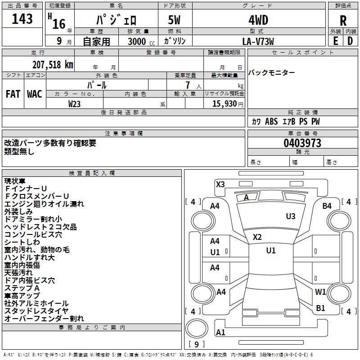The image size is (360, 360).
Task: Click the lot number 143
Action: pyautogui.click(x=22, y=19)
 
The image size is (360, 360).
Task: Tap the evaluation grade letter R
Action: pyautogui.click(x=343, y=21)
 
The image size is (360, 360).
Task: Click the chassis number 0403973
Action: pyautogui.click(x=302, y=143)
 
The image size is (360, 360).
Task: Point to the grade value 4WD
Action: pyautogui.click(x=258, y=20)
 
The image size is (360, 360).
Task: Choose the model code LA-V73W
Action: pyautogui.click(x=258, y=41)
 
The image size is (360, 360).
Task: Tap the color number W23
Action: pyautogui.click(x=75, y=103)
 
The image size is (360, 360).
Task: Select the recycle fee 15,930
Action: pyautogui.click(x=224, y=103)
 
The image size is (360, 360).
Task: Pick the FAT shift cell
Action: pyautogui.click(x=13, y=94)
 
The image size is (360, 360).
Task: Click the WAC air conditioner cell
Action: pyautogui.click(x=35, y=94)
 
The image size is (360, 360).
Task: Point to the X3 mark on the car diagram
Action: pyautogui.click(x=220, y=184)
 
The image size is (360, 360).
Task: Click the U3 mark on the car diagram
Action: pyautogui.click(x=291, y=216)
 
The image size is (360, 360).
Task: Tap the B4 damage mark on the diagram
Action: pyautogui.click(x=327, y=206)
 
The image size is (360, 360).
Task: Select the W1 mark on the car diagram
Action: pyautogui.click(x=320, y=292)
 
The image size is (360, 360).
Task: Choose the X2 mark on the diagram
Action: pyautogui.click(x=257, y=237)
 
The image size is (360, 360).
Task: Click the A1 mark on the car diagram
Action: pyautogui.click(x=220, y=332)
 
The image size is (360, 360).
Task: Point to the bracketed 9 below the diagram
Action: pyautogui.click(x=197, y=345)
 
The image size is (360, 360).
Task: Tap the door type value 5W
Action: pyautogui.click(x=175, y=20)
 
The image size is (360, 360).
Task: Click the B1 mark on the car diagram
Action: pyautogui.click(x=320, y=308)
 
